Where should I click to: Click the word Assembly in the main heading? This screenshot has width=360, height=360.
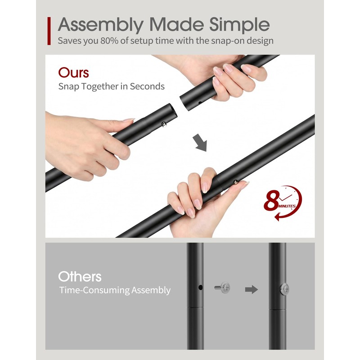pyautogui.click(x=101, y=25)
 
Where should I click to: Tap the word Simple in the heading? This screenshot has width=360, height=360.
pyautogui.click(x=239, y=25)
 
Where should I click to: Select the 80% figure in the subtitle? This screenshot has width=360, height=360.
pyautogui.click(x=109, y=41)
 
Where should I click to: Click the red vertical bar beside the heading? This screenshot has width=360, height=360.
pyautogui.click(x=49, y=31)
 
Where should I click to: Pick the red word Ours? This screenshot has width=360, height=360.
pyautogui.click(x=73, y=73)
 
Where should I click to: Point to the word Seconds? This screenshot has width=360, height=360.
pyautogui.click(x=147, y=86)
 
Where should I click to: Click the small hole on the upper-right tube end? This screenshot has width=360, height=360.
pyautogui.click(x=200, y=103)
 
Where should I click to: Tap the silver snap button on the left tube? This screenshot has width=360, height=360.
pyautogui.click(x=164, y=125)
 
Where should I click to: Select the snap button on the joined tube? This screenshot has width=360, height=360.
pyautogui.click(x=235, y=183)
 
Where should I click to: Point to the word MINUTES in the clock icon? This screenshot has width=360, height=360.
pyautogui.click(x=287, y=206)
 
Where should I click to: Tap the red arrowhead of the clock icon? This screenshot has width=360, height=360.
pyautogui.click(x=277, y=216)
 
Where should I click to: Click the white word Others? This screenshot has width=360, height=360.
pyautogui.click(x=80, y=277)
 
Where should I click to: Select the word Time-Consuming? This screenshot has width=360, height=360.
pyautogui.click(x=94, y=290)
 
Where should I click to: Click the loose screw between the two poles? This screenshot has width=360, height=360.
pyautogui.click(x=222, y=287)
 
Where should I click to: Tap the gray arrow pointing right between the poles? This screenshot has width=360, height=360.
pyautogui.click(x=252, y=289)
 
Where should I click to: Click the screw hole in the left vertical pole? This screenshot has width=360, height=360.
pyautogui.click(x=200, y=287)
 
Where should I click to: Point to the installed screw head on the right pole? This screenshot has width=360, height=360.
pyautogui.click(x=284, y=289)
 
